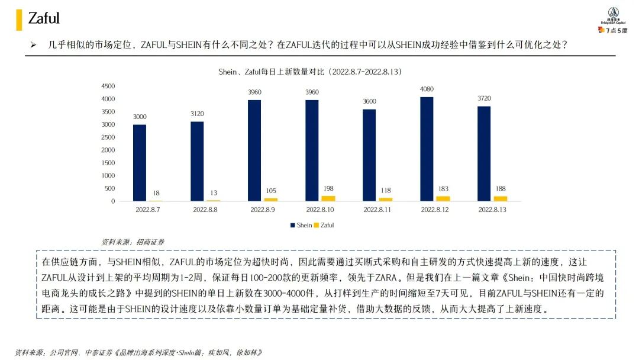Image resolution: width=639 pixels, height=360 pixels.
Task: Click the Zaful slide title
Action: tap(44, 18)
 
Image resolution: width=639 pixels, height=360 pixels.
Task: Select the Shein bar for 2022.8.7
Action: tap(140, 163)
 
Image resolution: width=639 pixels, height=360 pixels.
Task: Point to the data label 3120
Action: tap(197, 113)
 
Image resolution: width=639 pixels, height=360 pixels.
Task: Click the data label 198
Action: tap(328, 188)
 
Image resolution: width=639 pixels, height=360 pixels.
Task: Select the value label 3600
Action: tap(369, 101)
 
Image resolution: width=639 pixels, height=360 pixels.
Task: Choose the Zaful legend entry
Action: tap(324, 225)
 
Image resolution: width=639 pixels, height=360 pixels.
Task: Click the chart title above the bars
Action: tap(310, 72)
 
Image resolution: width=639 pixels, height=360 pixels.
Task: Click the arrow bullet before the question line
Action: tap(33, 45)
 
